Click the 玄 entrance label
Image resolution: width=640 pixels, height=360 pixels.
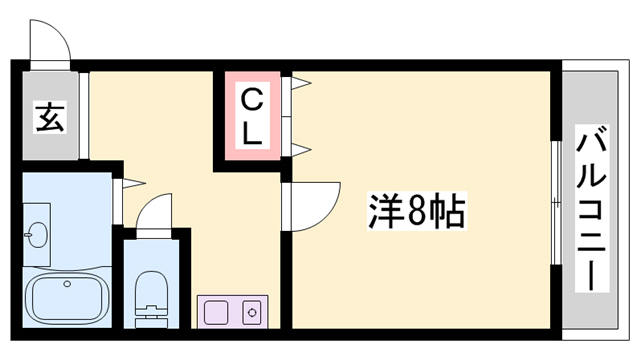pos(50,118)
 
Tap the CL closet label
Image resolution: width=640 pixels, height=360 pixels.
pos(253,116)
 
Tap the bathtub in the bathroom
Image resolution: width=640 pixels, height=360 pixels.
pos(66,296)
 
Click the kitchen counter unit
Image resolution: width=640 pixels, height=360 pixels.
pos(231,312)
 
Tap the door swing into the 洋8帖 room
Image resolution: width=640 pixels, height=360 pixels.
pos(309,205)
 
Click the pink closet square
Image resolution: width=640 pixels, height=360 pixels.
pos(253,116)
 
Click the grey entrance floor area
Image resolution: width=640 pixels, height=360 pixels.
pos(50,118)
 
